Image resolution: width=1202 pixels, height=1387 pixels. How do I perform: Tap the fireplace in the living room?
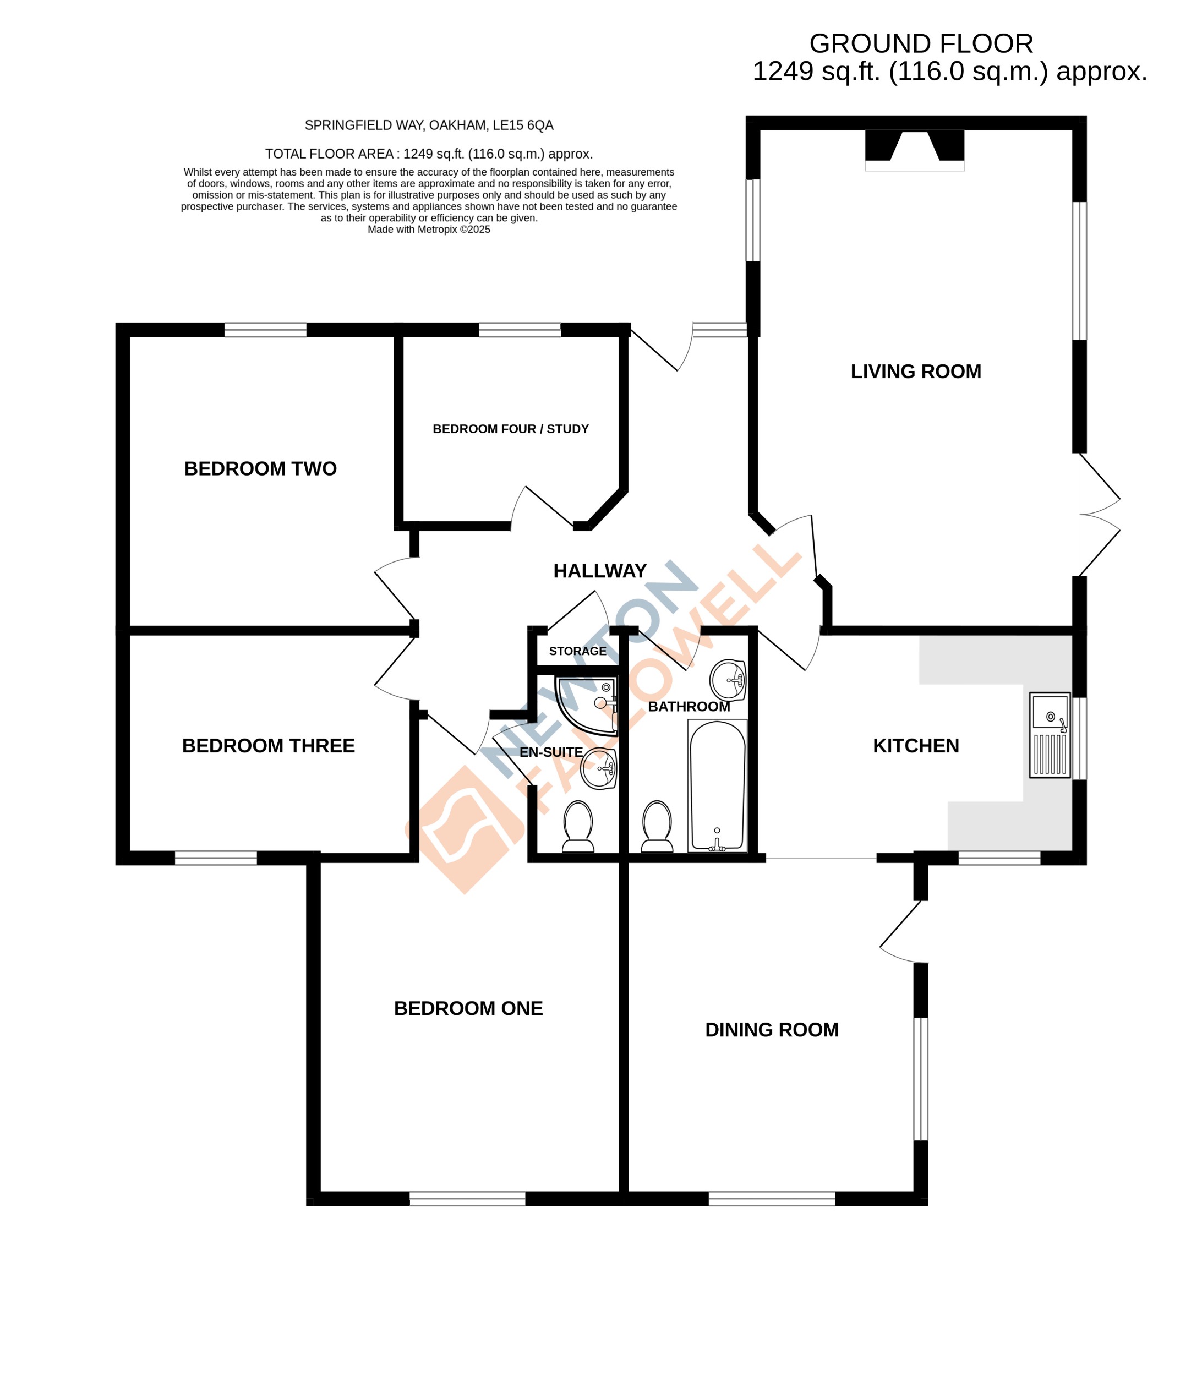point(914,149)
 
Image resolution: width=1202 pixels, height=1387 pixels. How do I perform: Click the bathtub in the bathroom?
point(717,785)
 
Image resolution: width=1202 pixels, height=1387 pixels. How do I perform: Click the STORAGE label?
point(577,651)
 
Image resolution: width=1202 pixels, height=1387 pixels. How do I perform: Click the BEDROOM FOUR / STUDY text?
point(510,429)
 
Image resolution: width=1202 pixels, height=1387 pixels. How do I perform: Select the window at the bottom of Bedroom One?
point(467,1199)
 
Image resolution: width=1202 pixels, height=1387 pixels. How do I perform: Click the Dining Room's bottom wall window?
point(772,1199)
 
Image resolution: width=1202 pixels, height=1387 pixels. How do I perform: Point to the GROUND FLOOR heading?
point(920,43)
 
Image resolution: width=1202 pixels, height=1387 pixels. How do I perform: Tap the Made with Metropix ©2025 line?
point(429,230)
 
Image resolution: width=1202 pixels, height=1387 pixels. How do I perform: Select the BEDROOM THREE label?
point(269,745)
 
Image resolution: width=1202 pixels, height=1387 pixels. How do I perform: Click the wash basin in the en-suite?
point(598,768)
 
